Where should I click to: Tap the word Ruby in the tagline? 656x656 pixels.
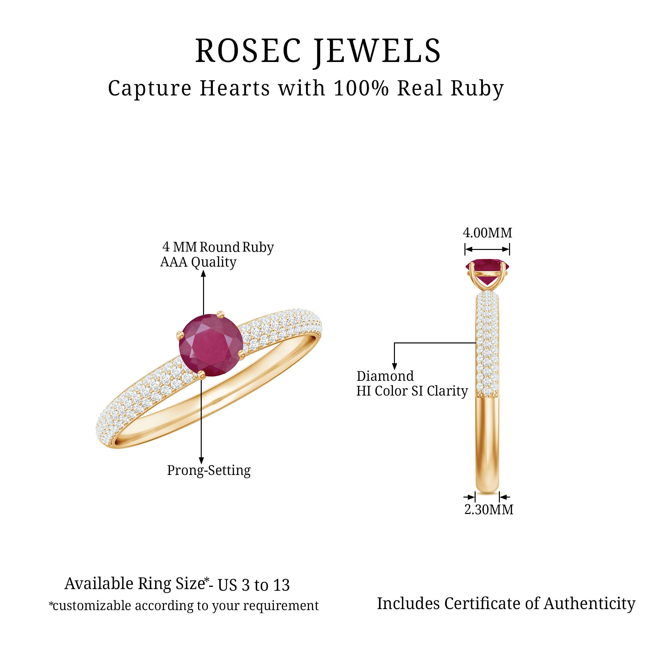point(477,89)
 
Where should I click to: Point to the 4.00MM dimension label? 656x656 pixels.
point(487,233)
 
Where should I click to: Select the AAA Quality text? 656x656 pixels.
point(198,262)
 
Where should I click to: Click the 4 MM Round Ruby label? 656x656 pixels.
point(218,247)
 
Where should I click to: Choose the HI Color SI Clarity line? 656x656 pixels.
point(412,391)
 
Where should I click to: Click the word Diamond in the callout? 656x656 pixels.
point(385,376)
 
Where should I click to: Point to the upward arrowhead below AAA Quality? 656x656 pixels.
point(203,274)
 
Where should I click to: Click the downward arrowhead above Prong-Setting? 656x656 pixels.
point(201,461)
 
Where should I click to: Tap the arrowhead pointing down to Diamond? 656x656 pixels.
point(394,366)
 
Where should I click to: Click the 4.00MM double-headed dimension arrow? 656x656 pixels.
point(487,250)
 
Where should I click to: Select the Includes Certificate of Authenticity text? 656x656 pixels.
point(506,604)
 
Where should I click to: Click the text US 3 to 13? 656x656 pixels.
point(254,585)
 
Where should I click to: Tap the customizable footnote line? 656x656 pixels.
point(184,605)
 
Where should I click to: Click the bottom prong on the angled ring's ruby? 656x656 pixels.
point(201,375)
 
